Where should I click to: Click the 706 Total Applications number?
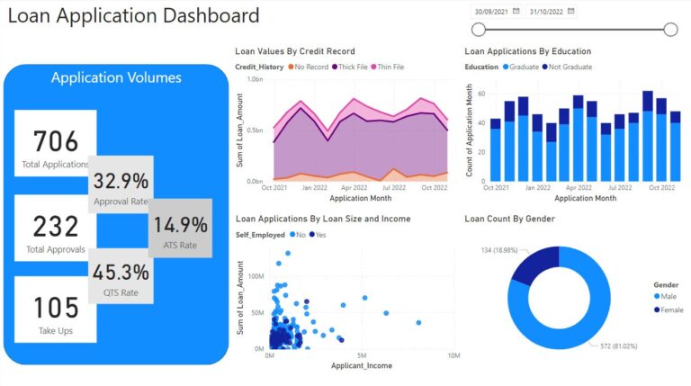[56, 140]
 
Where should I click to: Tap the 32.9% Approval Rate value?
[121, 181]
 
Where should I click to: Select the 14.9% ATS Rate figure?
[181, 225]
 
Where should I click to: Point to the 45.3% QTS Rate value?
[121, 271]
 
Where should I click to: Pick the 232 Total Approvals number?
[56, 226]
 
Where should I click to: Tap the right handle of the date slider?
[670, 30]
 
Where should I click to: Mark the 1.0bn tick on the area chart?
[254, 80]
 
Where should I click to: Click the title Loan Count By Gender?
[509, 219]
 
